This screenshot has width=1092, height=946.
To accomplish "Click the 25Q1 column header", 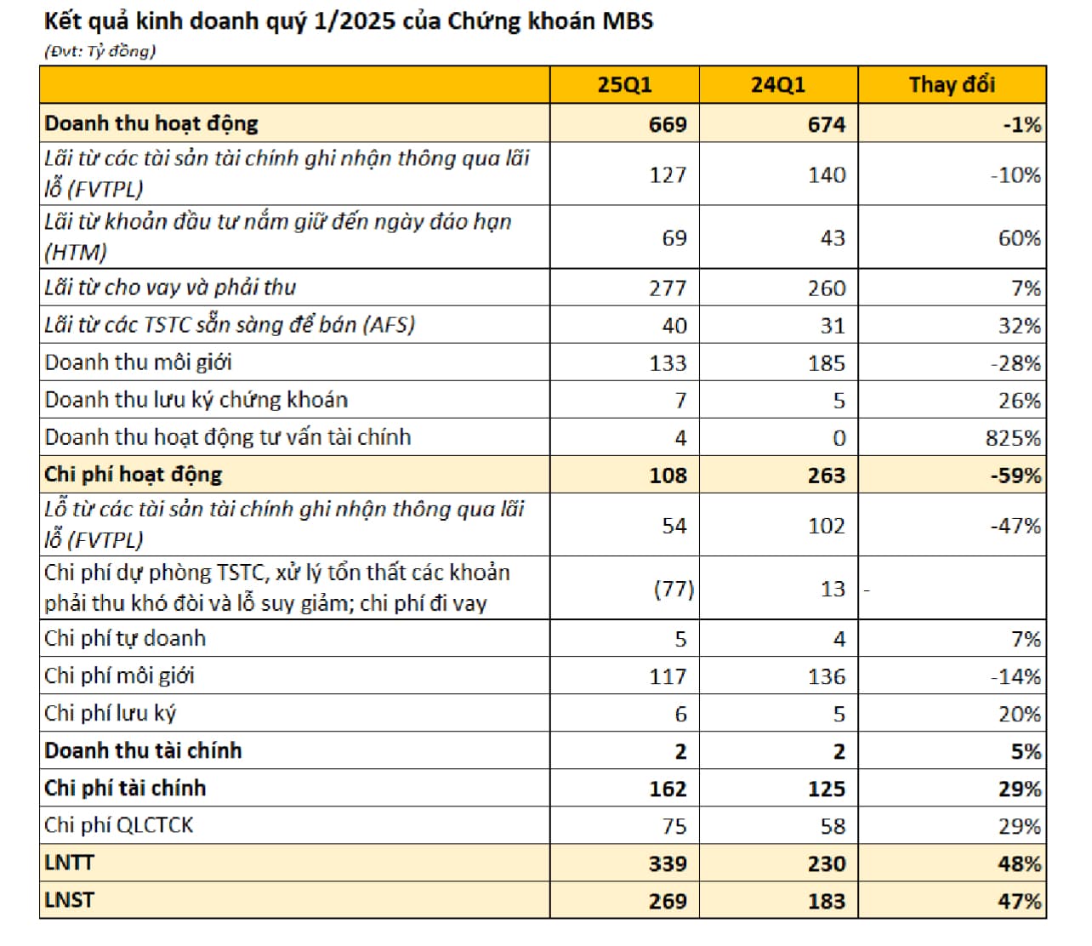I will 624,85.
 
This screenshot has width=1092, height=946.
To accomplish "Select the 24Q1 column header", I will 777,85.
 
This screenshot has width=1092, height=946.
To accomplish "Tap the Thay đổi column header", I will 952,85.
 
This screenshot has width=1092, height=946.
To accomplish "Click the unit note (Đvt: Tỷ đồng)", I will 100,51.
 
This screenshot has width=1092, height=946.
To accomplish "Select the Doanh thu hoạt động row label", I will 151,123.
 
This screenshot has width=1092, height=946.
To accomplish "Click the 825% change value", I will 1013,438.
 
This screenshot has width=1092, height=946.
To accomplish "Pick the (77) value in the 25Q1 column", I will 674,589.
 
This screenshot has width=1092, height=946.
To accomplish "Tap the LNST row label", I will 69,900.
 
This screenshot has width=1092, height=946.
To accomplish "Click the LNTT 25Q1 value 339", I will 668,863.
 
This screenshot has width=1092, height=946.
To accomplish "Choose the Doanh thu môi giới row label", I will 138,362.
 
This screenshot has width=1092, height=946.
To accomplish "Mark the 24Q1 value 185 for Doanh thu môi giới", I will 827,363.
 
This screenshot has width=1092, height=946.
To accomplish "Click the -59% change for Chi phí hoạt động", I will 1015,476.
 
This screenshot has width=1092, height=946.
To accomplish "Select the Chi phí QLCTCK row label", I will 119,825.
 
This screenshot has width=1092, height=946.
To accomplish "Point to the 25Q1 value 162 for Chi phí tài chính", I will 668,789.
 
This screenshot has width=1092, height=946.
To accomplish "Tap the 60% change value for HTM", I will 1019,238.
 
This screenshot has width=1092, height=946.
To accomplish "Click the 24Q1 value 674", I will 827,124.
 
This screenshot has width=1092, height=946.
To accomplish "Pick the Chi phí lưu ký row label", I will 111,713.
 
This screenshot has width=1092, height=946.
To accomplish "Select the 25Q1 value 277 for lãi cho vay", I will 668,288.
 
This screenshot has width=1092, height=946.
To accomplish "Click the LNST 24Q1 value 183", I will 827,901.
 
